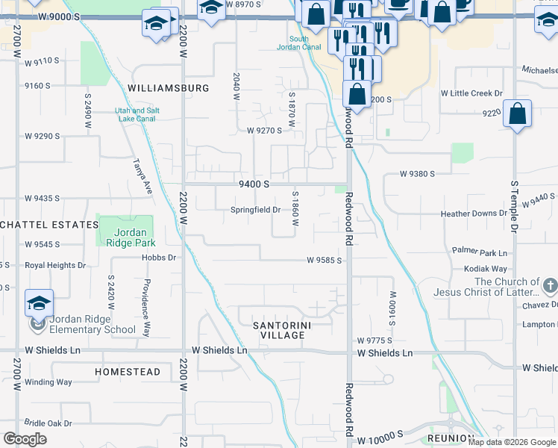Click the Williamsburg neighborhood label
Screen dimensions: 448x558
click(x=168, y=88)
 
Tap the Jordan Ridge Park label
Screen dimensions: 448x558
click(x=125, y=237)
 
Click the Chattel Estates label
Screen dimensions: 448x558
click(x=49, y=225)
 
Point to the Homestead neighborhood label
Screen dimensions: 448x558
click(x=128, y=372)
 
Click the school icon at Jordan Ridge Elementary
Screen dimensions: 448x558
click(x=39, y=303)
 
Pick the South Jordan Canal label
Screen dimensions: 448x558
click(x=299, y=44)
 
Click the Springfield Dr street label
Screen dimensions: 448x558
click(x=255, y=210)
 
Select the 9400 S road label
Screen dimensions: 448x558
click(x=254, y=184)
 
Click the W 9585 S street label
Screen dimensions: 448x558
click(x=324, y=261)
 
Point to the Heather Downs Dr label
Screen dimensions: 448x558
click(x=474, y=214)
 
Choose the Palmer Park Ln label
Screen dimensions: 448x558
click(x=485, y=252)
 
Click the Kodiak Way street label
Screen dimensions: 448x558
click(x=486, y=269)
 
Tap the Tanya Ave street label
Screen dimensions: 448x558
click(x=142, y=176)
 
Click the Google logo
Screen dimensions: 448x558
click(x=25, y=439)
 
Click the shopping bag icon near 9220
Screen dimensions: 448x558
click(x=517, y=115)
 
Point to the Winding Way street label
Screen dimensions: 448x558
click(x=48, y=382)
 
